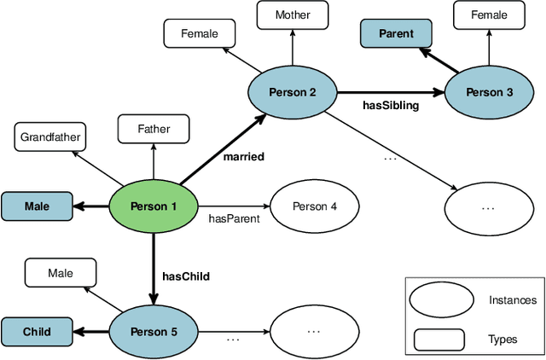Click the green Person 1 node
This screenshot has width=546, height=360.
tap(154, 206)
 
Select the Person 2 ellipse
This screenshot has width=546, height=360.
tap(292, 90)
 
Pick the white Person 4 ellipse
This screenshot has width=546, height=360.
tap(315, 206)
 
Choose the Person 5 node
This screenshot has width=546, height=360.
tap(154, 331)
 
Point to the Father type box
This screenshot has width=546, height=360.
tap(154, 130)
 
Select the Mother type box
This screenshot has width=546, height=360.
tap(293, 15)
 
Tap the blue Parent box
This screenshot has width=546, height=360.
tap(396, 34)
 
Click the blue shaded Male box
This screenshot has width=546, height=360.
tap(37, 206)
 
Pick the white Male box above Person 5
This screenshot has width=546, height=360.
tap(61, 273)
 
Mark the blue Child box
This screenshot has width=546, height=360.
tap(37, 332)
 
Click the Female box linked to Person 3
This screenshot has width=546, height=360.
tap(489, 15)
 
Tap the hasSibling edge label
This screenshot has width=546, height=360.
tap(389, 105)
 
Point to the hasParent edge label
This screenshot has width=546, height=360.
tap(233, 218)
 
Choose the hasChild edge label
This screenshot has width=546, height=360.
tap(186, 276)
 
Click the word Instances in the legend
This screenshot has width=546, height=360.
tap(513, 299)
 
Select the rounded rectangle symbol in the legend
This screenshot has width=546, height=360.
tap(439, 339)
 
